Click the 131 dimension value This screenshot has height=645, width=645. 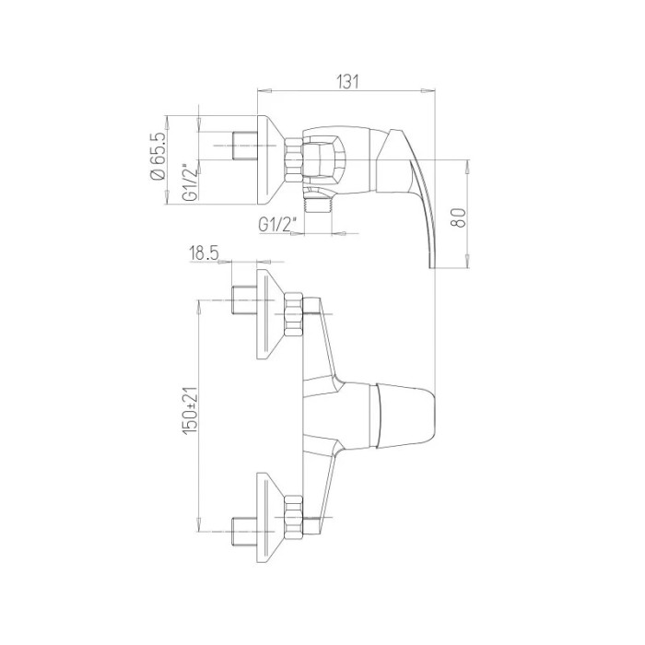(x=348, y=81)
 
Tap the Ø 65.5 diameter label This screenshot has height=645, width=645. (x=158, y=157)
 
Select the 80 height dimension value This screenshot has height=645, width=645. (x=460, y=217)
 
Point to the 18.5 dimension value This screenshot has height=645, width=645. (x=204, y=253)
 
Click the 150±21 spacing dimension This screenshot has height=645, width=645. (x=190, y=411)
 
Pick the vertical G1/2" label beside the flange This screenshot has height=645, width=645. (x=190, y=182)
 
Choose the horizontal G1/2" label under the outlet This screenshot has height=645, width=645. (x=277, y=225)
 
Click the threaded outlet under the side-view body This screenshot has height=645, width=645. (x=318, y=203)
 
